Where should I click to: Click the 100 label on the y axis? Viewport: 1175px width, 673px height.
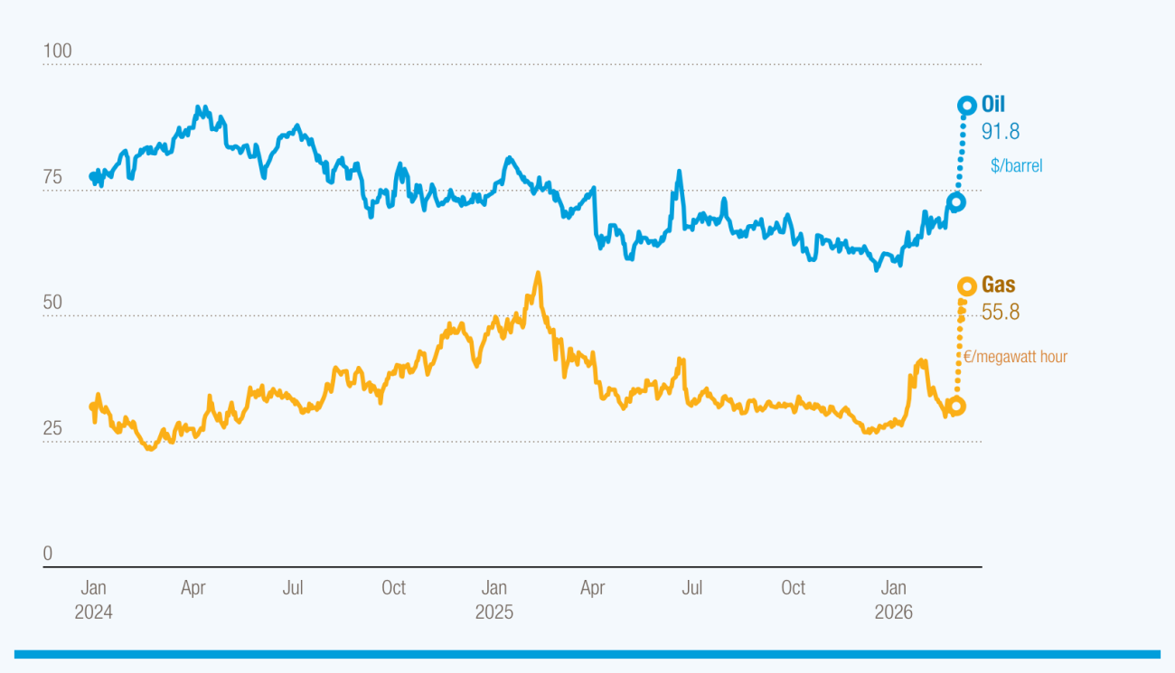point(58,51)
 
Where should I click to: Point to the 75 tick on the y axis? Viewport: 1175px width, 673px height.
point(53,177)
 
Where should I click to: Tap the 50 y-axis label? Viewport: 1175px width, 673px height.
point(53,303)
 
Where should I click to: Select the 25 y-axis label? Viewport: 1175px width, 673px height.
point(53,428)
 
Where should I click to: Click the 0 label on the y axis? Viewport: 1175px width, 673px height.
point(49,554)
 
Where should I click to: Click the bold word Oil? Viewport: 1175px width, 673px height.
point(993,106)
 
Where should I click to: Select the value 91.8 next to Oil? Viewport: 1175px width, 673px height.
point(1001,132)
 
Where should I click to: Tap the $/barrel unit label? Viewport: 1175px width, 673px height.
point(1016,166)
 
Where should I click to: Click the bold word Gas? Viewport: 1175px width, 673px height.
point(998,285)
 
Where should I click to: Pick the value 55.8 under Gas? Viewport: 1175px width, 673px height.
point(1001,313)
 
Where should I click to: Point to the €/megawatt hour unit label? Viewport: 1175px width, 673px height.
point(1015,357)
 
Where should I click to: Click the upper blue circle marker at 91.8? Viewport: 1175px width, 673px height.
point(966,106)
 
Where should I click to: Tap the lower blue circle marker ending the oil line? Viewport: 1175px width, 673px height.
point(955,201)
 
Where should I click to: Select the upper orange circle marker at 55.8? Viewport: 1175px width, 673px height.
point(966,286)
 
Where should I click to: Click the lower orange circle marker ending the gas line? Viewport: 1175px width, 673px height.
point(955,407)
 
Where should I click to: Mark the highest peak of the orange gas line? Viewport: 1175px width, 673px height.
point(538,273)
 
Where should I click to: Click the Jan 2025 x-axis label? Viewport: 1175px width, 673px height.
point(493,600)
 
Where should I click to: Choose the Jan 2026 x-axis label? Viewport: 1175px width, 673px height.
point(893,600)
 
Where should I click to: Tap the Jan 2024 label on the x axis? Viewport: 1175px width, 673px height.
point(94,600)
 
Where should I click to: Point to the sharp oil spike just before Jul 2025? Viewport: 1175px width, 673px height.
point(678,172)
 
